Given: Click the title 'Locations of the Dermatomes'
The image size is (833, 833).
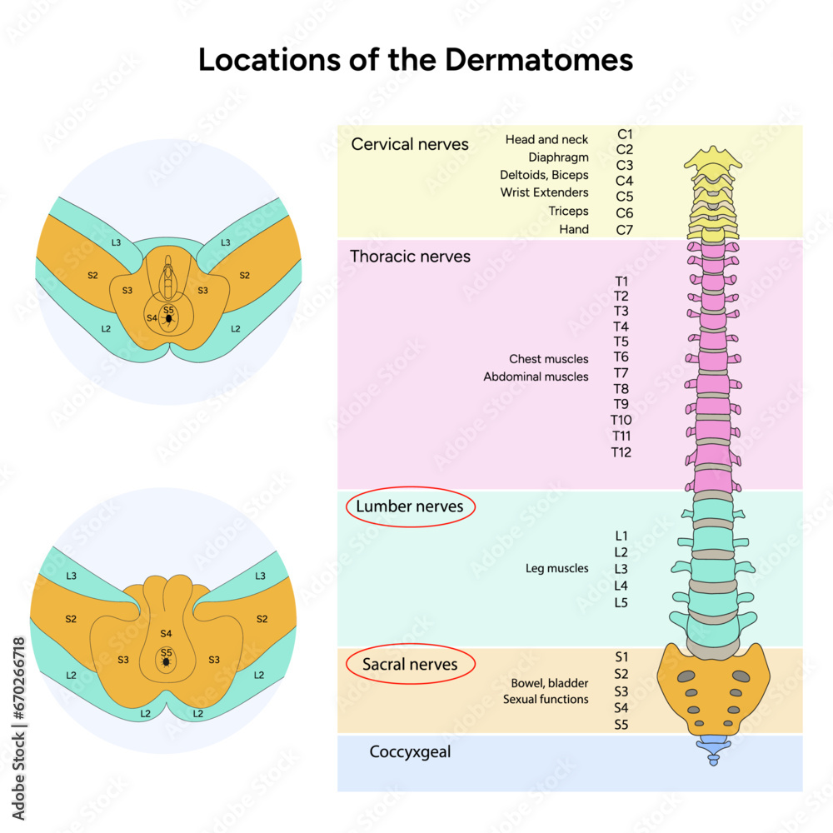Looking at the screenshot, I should point(416,60).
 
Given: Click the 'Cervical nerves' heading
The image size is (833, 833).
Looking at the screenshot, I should point(410,144).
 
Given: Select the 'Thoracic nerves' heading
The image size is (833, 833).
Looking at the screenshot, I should point(410,257).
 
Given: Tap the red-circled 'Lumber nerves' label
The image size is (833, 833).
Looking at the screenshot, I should point(410,506).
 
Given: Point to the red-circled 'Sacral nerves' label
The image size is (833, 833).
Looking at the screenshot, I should point(410,664).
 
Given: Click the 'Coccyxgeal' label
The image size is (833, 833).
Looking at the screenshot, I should point(410,752).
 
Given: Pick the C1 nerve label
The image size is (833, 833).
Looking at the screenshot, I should point(625,133).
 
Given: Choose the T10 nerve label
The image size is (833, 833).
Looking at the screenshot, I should point(621,420).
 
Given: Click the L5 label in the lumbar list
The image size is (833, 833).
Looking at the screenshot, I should point(621,602).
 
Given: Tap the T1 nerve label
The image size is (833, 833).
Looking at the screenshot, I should point(621,281).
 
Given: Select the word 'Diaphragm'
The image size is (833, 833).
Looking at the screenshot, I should point(558,157).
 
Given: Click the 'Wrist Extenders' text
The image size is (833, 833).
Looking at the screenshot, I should point(544,192).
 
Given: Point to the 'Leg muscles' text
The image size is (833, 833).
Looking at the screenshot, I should point(556,568).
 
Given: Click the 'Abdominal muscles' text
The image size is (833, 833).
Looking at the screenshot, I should point(536,377).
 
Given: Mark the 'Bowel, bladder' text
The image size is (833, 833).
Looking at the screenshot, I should point(550,683).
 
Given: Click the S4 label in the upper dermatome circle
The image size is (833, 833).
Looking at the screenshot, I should point(152,317).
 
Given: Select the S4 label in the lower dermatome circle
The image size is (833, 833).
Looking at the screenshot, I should point(166,634).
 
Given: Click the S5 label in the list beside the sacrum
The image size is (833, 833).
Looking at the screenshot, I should point(621,725).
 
